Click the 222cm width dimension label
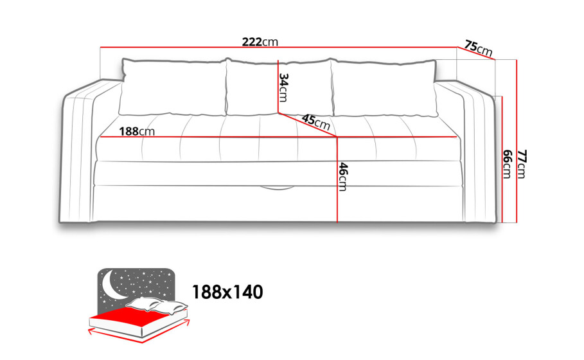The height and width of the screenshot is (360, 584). click(x=260, y=42)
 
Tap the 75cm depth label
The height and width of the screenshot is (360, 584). click(x=478, y=48)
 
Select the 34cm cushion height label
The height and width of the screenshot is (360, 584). click(x=284, y=87)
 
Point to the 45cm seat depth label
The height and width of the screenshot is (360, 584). click(x=316, y=122)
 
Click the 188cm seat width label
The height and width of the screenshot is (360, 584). click(x=137, y=131)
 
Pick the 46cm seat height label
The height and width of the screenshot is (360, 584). click(x=343, y=177)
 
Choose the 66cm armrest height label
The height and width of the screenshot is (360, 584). click(x=507, y=165)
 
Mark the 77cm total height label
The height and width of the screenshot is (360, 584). click(x=522, y=165)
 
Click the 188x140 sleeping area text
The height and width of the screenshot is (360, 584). click(x=227, y=292)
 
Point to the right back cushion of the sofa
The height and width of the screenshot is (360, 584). click(x=384, y=87)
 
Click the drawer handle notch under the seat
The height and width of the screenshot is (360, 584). click(x=276, y=188)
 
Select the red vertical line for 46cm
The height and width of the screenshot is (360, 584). click(x=337, y=180)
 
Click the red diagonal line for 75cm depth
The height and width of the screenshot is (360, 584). click(x=476, y=53)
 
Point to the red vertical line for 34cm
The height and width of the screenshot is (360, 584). click(x=278, y=86)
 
